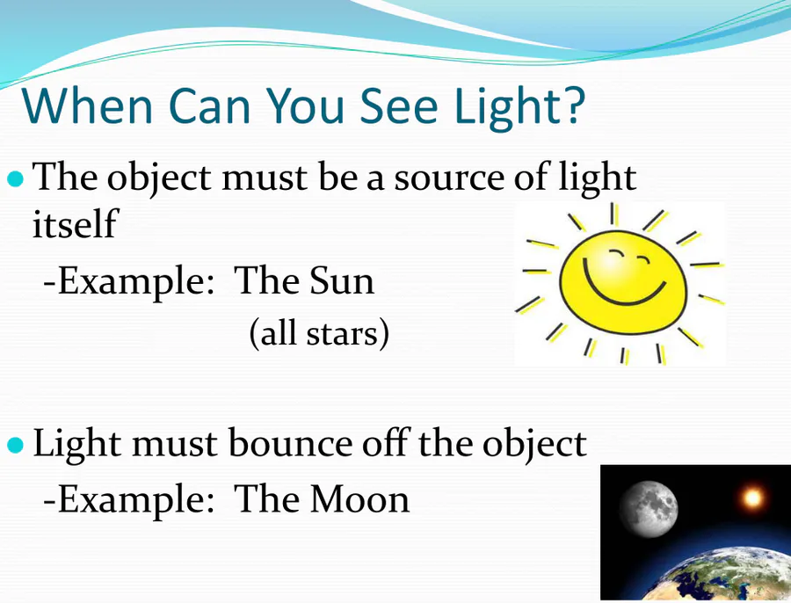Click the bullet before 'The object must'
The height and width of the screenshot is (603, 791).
pos(16,178)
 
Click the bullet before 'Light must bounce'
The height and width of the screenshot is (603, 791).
pos(16,445)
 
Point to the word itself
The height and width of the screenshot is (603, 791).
pos(75,223)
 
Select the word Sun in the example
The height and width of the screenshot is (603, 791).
pos(342,280)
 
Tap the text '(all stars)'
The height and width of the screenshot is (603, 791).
pos(319,333)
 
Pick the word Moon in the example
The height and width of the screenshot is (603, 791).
pos(359,499)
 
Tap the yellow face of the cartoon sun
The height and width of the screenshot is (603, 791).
pos(623,282)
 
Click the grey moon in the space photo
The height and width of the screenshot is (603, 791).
pos(649,509)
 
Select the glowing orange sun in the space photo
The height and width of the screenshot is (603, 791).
pos(752,498)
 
